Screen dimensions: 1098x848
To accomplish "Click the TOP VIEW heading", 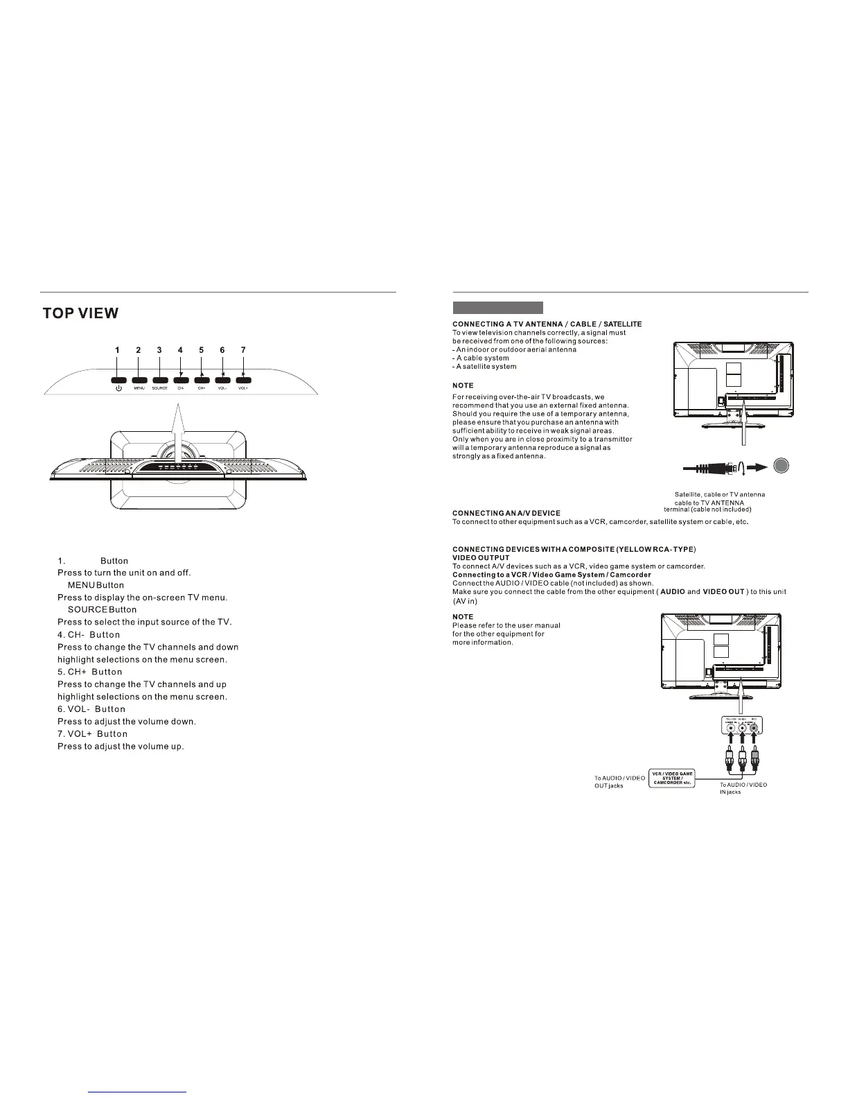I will click(80, 313).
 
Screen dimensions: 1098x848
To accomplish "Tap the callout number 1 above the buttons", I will click(117, 351).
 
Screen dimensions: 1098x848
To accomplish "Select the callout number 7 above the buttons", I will click(243, 351).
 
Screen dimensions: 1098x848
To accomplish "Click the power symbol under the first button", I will click(118, 388).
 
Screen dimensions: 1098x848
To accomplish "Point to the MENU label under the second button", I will click(139, 388).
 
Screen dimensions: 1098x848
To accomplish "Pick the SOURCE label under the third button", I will click(159, 388).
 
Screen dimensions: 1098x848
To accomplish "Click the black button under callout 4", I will click(181, 379).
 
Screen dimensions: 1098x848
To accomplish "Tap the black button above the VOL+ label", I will click(243, 379).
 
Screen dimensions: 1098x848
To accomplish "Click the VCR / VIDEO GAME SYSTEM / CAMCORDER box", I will click(671, 778).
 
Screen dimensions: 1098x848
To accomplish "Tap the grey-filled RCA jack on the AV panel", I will click(755, 729).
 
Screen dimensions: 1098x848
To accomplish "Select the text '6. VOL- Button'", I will click(91, 709).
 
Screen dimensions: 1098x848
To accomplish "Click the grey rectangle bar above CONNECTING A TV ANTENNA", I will click(497, 308).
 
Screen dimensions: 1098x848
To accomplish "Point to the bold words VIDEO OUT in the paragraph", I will click(723, 592).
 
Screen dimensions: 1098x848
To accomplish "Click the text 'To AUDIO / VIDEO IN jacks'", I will click(743, 788).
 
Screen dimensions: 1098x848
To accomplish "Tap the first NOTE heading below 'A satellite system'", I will click(463, 385).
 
